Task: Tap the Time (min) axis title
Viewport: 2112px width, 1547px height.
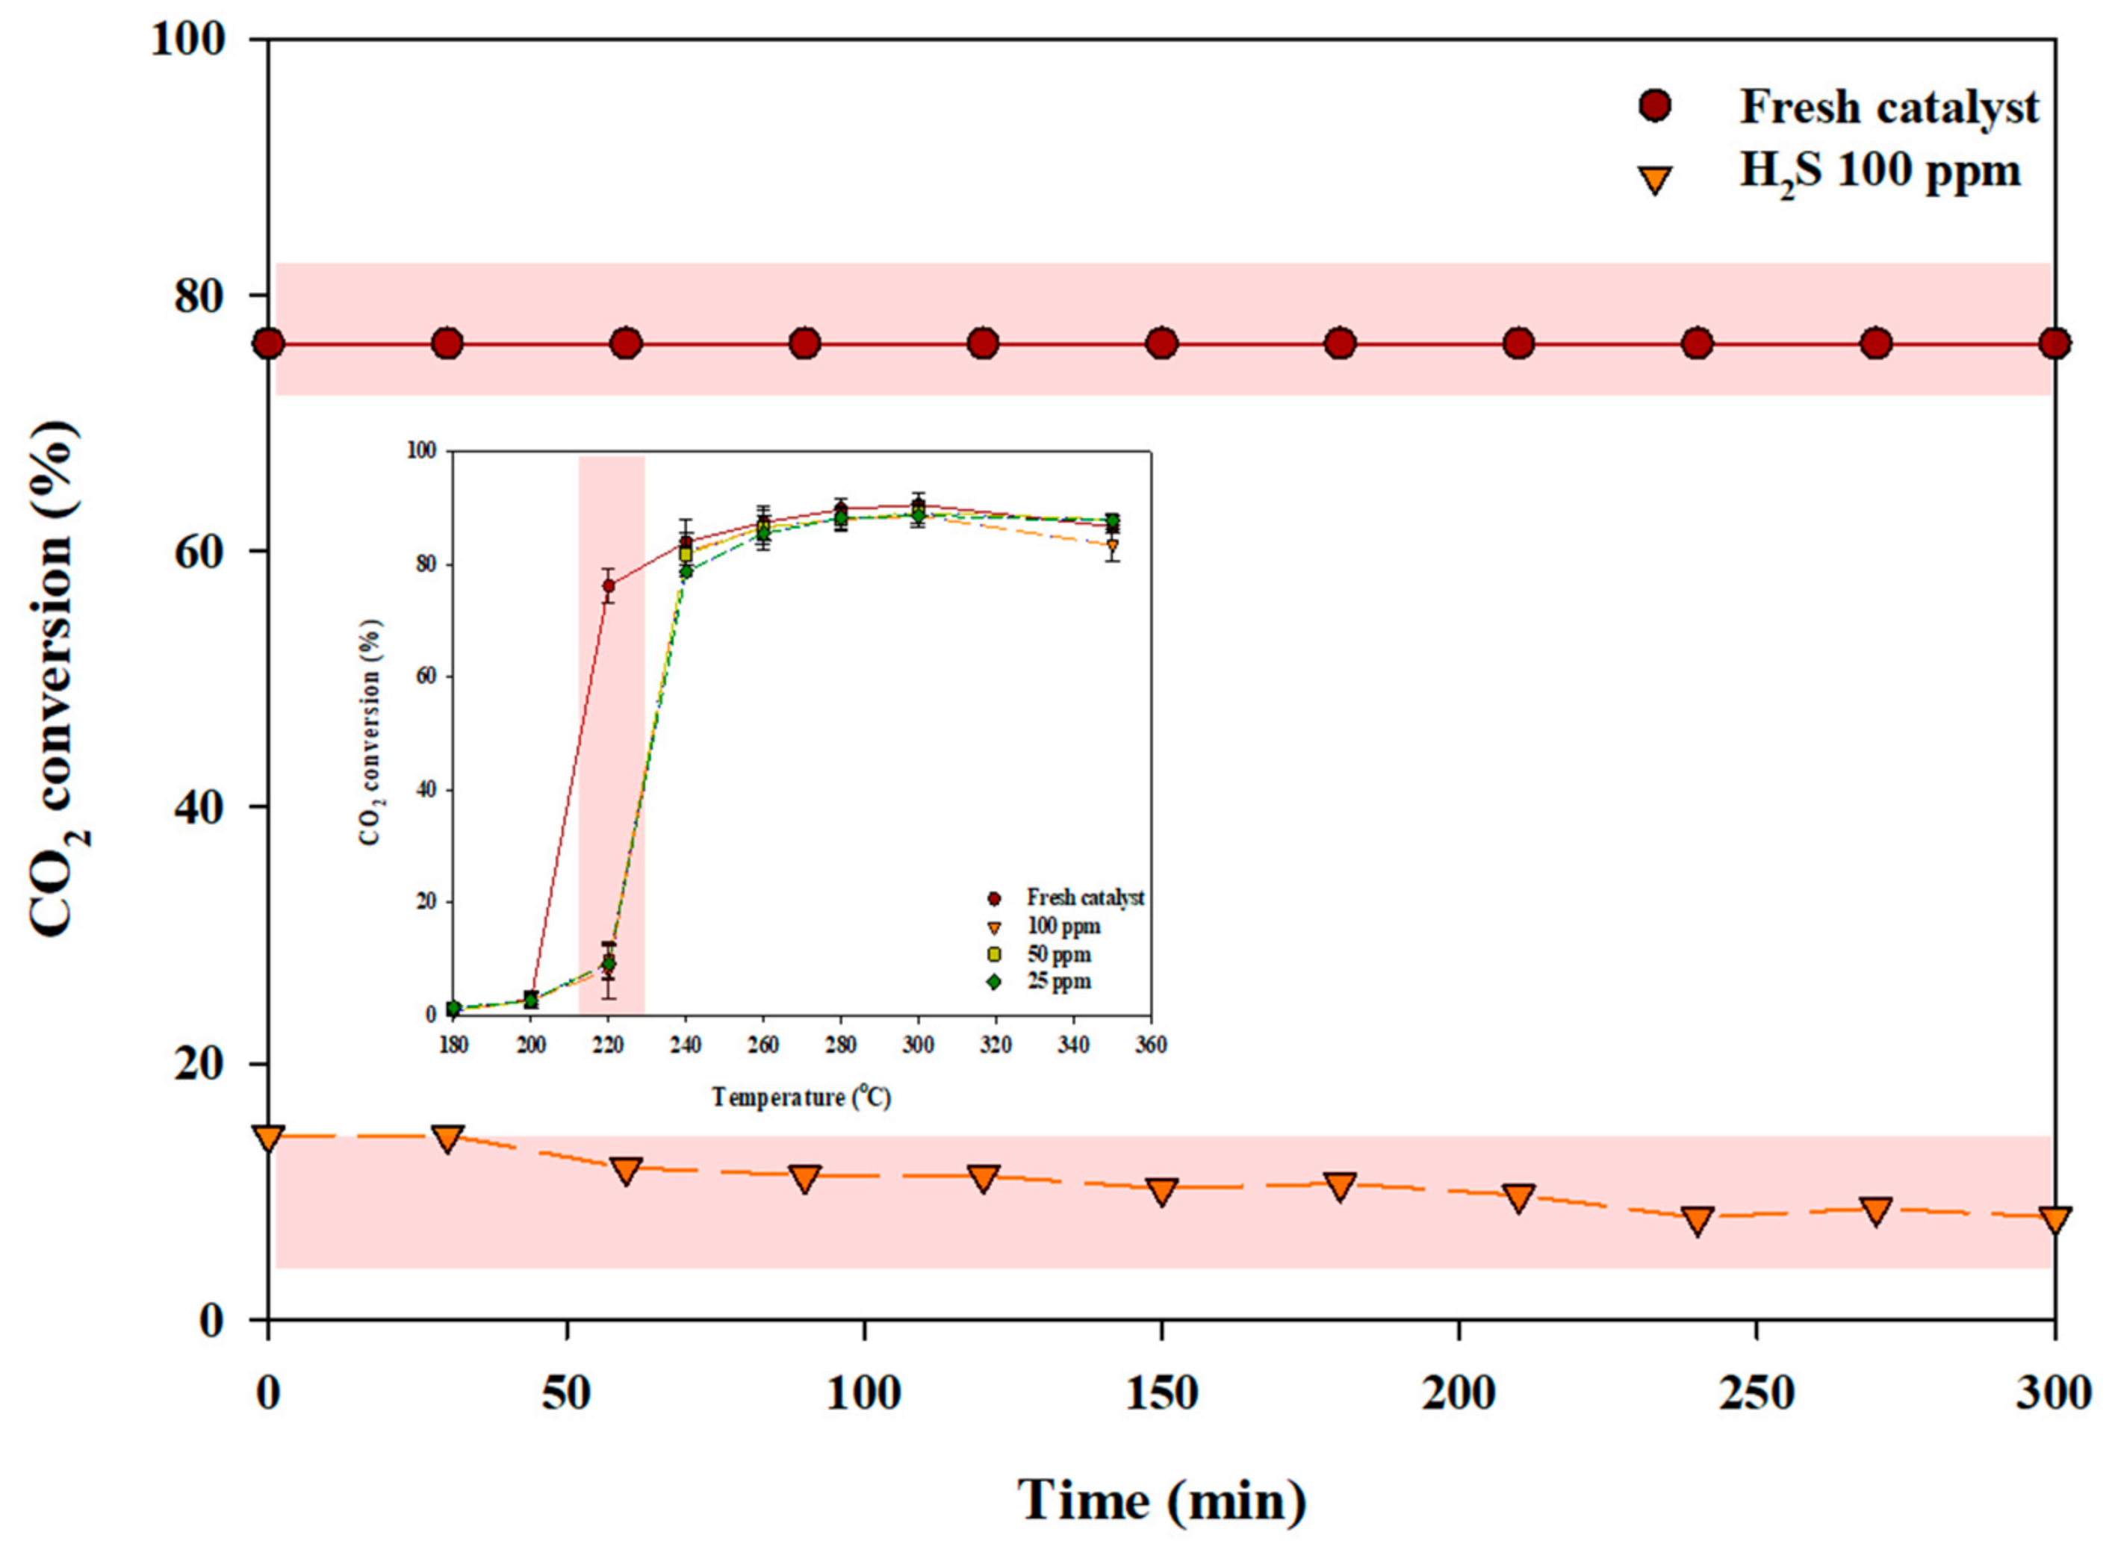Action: (x=1161, y=1500)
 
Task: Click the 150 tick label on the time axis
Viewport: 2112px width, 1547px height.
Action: (x=1161, y=1392)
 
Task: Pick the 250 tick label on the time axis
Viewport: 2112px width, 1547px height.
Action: (x=1755, y=1392)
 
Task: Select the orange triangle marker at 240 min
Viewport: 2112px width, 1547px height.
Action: (x=1697, y=1220)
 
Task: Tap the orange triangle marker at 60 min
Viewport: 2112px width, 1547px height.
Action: (x=626, y=1171)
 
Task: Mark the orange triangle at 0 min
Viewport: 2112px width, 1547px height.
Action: (x=269, y=1139)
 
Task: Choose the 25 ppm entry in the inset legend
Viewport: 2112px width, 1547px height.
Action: (x=1058, y=981)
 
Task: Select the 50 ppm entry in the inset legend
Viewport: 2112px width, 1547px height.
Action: (x=1058, y=954)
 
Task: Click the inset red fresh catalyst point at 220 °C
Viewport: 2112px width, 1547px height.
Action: (x=609, y=586)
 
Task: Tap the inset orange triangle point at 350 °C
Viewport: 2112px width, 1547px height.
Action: (x=1112, y=546)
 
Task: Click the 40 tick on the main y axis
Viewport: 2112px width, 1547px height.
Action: (x=199, y=807)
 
